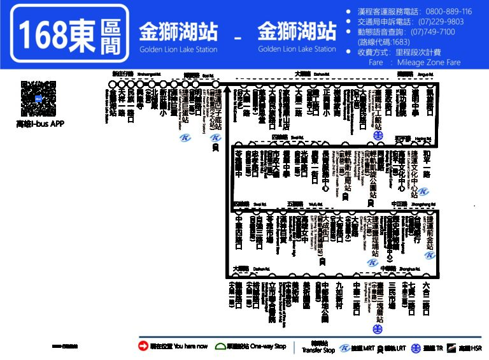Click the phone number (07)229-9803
(x=437, y=22)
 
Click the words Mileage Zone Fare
(x=428, y=62)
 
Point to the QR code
(x=38, y=99)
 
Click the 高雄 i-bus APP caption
(x=39, y=124)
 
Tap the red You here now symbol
(x=143, y=346)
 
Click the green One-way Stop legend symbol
(x=220, y=346)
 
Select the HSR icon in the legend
(x=451, y=347)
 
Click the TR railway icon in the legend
(x=415, y=347)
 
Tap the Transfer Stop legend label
(x=310, y=347)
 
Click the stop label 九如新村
(x=339, y=294)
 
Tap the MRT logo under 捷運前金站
(x=430, y=255)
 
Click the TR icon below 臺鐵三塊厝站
(x=377, y=329)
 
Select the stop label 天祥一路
(x=122, y=101)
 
